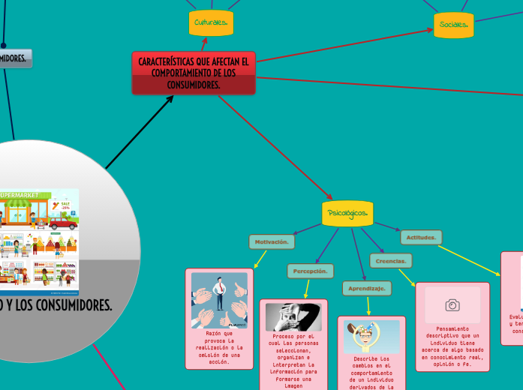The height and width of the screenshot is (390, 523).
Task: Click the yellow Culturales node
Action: click(x=211, y=23)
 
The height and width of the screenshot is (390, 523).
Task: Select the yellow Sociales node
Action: click(x=454, y=25)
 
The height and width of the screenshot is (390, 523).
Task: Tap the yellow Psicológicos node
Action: click(x=347, y=214)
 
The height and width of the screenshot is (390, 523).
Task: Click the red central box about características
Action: click(x=194, y=73)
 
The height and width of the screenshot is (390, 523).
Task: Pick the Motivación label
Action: click(x=272, y=241)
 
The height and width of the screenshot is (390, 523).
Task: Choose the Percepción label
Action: click(x=310, y=270)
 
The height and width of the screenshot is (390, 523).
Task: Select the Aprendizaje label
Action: click(x=367, y=288)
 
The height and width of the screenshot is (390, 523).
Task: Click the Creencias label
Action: click(x=390, y=261)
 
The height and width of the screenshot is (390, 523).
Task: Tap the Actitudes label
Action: click(x=421, y=237)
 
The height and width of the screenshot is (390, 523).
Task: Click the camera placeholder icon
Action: click(x=452, y=305)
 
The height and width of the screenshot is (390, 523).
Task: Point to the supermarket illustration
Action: click(x=39, y=241)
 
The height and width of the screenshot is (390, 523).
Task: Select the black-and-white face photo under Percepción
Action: click(x=293, y=317)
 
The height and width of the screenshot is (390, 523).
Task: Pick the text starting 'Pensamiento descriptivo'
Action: click(x=452, y=346)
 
